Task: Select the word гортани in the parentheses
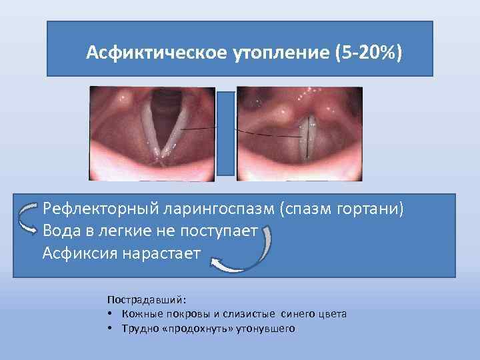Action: point(373,209)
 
